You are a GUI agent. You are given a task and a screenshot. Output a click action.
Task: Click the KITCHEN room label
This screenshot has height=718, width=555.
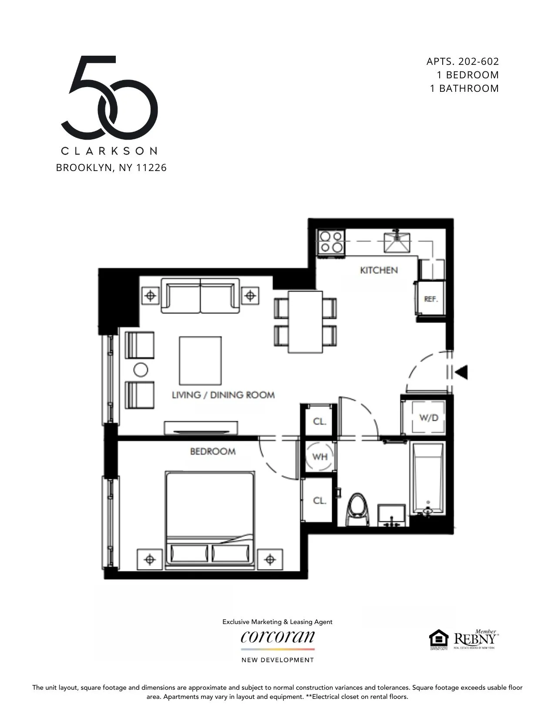[x=379, y=270]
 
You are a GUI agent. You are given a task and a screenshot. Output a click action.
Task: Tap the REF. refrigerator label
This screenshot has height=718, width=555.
[x=431, y=299]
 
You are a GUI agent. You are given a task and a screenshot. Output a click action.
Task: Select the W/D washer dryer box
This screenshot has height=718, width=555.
[x=428, y=418]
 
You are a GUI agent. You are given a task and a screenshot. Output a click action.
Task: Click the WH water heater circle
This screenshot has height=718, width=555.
[x=320, y=457]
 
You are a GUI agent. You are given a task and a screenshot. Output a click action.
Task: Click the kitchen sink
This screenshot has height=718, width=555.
[x=397, y=242]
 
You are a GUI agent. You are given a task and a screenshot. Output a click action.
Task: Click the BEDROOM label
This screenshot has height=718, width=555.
[x=212, y=451]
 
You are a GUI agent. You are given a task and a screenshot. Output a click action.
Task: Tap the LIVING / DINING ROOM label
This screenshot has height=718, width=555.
[x=223, y=395]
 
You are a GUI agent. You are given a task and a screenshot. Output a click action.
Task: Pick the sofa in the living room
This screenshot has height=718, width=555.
[x=200, y=296]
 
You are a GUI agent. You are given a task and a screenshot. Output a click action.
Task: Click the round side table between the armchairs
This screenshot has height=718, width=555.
[x=140, y=370]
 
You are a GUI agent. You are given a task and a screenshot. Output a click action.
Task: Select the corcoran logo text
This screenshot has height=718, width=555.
[x=277, y=637]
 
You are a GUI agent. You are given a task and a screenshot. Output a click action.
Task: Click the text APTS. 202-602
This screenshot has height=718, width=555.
[x=462, y=61]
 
